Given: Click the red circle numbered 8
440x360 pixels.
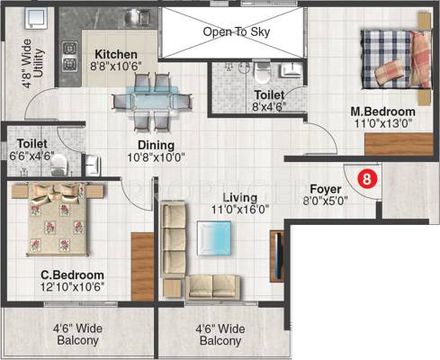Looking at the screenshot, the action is (366, 179).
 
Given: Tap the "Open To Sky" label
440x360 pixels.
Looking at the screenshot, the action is (237, 31).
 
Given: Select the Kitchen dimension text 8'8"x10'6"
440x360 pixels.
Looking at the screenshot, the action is (116, 66).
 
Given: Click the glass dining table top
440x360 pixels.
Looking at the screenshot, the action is (152, 98).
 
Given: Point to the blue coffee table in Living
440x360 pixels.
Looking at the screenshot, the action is (214, 238).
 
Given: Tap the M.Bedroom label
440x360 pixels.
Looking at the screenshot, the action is (383, 112).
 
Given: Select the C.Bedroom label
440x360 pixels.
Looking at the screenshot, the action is (72, 274).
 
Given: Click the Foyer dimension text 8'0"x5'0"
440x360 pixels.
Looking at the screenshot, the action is (325, 201).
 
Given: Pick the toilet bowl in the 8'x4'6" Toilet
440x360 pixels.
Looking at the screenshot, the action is (263, 73).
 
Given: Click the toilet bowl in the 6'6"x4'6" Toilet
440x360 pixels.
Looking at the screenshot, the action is (59, 166).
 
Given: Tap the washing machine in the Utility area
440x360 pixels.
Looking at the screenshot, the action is (36, 19).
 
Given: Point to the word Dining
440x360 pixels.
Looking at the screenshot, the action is (156, 145).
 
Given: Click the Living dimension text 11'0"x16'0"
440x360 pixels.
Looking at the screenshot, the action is (240, 209).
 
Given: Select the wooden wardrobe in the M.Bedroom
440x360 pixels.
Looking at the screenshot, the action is (399, 144).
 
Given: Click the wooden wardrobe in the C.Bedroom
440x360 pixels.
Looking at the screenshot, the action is (142, 266).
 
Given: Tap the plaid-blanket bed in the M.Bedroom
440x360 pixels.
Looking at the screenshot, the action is (396, 59).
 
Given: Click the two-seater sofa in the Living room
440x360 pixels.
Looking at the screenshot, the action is (212, 287).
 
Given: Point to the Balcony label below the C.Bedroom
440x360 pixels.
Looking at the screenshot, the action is (77, 335).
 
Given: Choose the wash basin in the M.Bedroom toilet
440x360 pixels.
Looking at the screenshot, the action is (291, 70).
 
